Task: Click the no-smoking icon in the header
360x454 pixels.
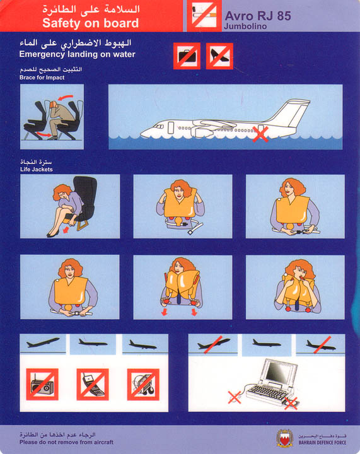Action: pos(204,16)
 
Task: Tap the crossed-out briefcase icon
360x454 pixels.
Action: pos(187,56)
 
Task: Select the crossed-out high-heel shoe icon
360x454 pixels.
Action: pos(219,56)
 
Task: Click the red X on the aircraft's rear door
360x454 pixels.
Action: pos(260,134)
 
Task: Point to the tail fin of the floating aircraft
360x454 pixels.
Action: pos(289,113)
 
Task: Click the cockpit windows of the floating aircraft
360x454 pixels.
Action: pos(158,126)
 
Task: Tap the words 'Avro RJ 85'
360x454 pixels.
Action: pos(258,16)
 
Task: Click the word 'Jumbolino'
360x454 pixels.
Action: pos(245,26)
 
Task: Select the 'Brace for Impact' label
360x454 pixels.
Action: pos(42,78)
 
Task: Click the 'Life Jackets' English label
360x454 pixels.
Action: pos(37,170)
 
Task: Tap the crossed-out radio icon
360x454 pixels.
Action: pos(42,384)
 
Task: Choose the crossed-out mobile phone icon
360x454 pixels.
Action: pos(93,384)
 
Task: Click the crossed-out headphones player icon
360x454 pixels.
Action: pos(143,384)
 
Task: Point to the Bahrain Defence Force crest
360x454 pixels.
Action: pos(285,438)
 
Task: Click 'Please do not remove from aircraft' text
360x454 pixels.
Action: pos(67,442)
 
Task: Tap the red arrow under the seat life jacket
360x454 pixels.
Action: pos(66,230)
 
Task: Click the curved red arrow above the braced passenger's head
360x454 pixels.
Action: pos(65,97)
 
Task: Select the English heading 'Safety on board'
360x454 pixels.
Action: pos(91,23)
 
